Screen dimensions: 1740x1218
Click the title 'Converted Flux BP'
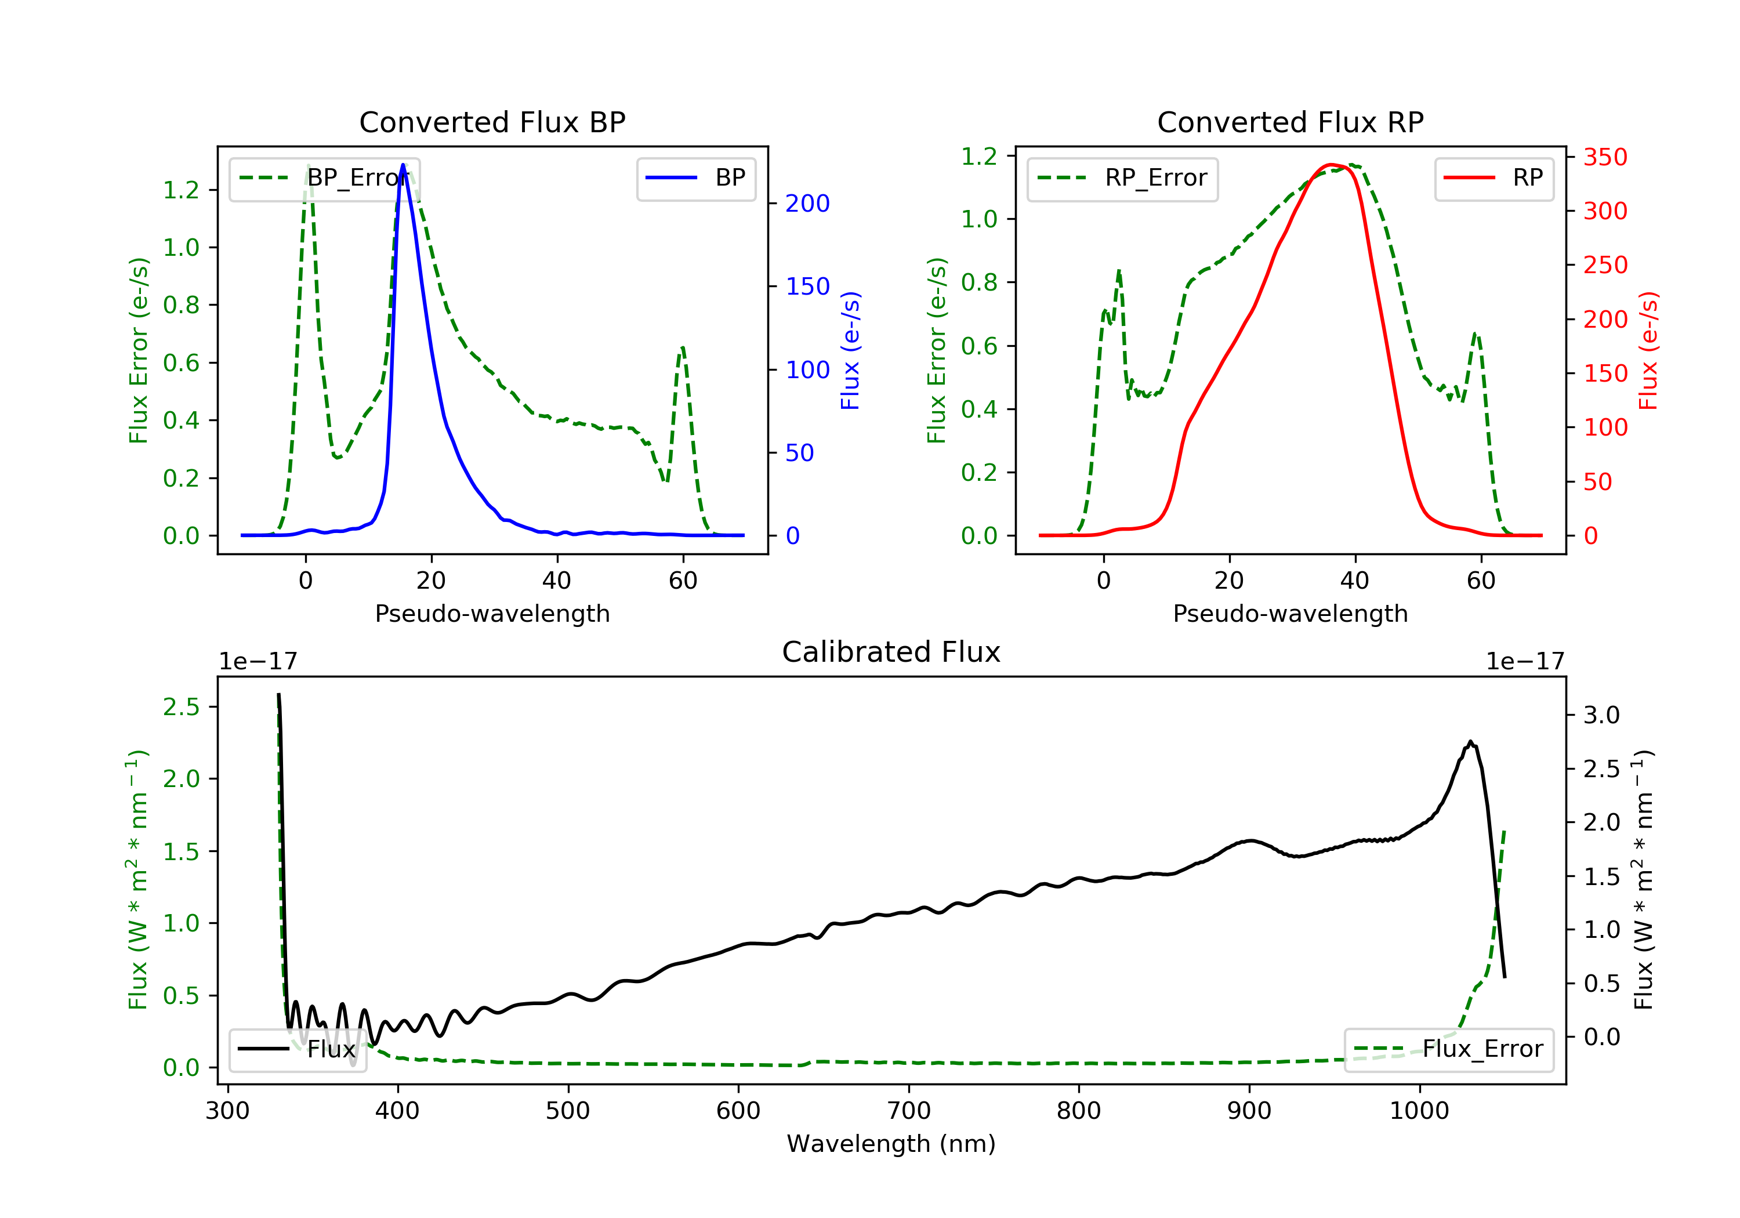point(492,122)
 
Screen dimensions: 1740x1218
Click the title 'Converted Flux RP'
point(1290,122)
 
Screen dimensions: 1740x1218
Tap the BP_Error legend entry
point(324,178)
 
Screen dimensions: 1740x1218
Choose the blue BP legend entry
point(695,178)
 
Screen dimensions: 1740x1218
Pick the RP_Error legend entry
point(1122,178)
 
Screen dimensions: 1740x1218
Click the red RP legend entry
point(1493,178)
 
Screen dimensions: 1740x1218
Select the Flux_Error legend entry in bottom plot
point(1448,1049)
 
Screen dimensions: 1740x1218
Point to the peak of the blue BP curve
point(403,165)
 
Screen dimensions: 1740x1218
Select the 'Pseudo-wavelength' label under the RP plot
point(1290,613)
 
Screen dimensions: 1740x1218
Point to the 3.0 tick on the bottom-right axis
point(1601,715)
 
